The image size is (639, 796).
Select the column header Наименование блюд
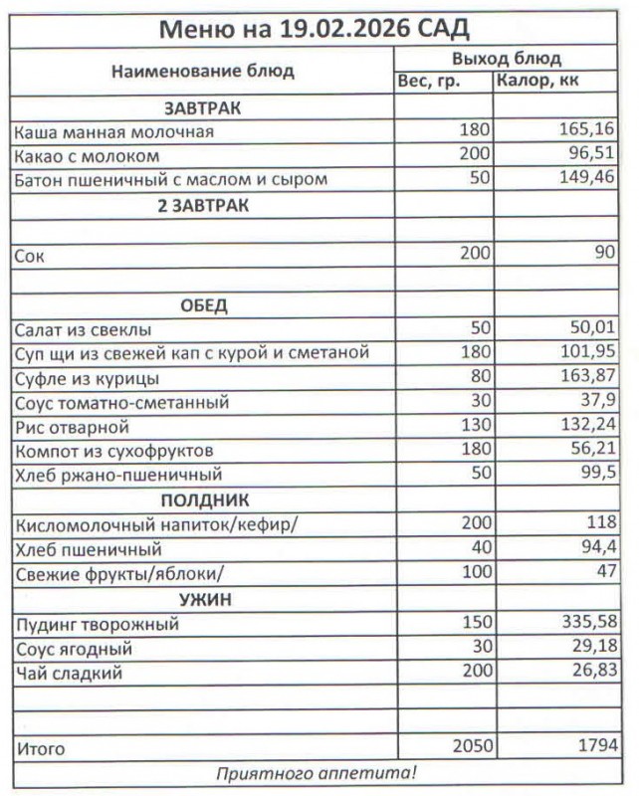[x=202, y=72]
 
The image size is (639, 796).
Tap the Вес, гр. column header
[x=429, y=82]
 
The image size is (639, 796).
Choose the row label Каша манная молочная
[x=114, y=131]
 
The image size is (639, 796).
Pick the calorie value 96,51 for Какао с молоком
[x=590, y=155]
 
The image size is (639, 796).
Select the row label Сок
[x=30, y=255]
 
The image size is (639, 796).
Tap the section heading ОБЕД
[x=203, y=304]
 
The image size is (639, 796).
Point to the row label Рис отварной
[x=72, y=427]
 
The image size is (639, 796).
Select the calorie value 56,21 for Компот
[x=590, y=451]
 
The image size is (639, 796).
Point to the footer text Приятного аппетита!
[x=318, y=773]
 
